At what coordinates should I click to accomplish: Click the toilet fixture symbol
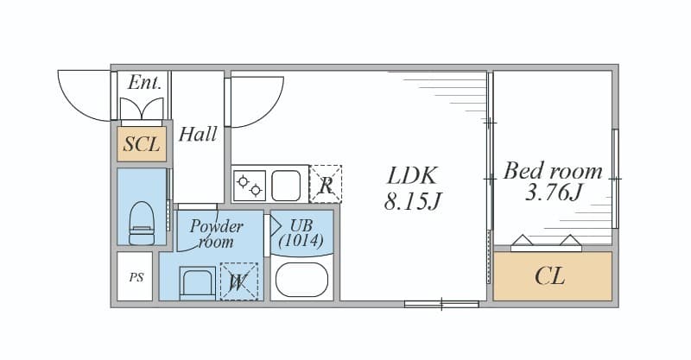point(142,223)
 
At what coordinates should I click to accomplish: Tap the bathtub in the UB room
point(301,280)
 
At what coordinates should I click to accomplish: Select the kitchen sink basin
point(286,186)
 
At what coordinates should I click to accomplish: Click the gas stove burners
point(250,186)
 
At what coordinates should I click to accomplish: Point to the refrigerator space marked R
point(326,184)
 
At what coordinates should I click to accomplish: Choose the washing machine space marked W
point(239,281)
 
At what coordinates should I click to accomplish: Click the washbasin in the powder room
point(198,283)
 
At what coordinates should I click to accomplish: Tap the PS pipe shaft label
point(136,278)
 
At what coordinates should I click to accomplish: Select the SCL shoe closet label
point(142,143)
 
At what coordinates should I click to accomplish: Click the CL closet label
point(550,276)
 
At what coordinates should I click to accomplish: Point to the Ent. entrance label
point(144,82)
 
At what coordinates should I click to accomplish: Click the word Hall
point(198,134)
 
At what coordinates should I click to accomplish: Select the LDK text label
point(413,175)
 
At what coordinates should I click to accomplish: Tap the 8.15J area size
point(413,201)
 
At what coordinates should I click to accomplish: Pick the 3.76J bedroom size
point(554,193)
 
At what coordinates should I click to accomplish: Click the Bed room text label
point(553,171)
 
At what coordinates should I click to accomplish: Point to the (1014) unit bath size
point(301,241)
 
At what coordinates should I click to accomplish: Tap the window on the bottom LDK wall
point(441,304)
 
